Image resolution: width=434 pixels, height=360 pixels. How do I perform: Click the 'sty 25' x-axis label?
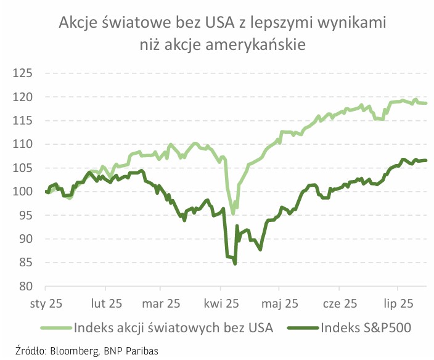point(46,303)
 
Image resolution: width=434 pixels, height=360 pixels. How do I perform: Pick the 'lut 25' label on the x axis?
point(104,303)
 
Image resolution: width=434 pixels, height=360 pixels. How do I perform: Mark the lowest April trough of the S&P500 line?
point(235,264)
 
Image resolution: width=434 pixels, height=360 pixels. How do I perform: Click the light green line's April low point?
point(233,213)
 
